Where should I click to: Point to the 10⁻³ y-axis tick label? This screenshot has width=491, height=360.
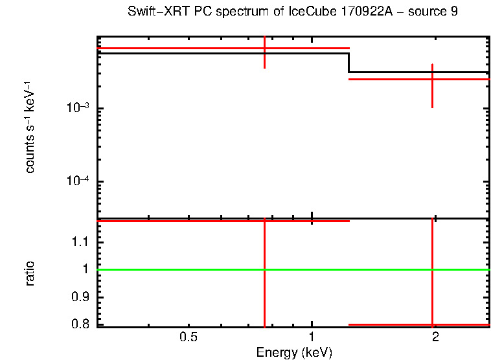click(78, 108)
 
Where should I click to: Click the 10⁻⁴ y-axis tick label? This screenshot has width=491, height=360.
click(78, 181)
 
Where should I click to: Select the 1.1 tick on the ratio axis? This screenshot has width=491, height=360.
click(83, 242)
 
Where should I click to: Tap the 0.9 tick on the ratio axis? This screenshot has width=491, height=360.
click(83, 297)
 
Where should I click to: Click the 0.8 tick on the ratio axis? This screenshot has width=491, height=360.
click(83, 324)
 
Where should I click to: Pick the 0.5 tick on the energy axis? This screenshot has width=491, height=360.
click(188, 337)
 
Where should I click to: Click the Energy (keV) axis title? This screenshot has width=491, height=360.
click(294, 352)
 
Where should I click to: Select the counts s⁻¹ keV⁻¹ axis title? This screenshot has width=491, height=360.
click(30, 133)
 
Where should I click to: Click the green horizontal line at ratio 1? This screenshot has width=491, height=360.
click(194, 269)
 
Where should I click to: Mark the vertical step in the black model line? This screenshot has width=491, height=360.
click(349, 63)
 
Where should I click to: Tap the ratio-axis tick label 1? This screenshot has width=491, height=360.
click(89, 269)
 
